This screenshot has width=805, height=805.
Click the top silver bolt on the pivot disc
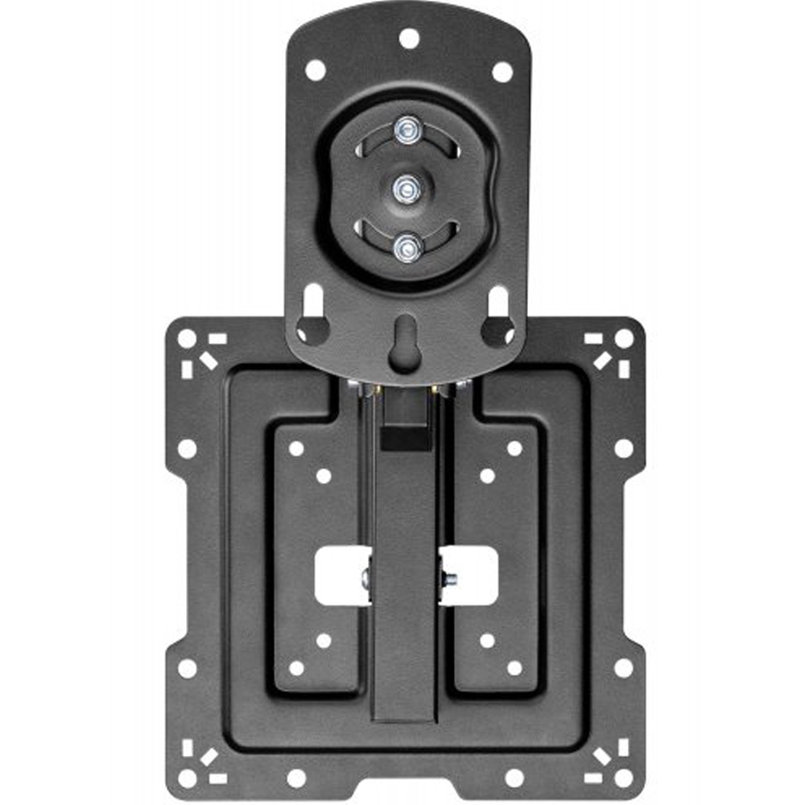click(x=408, y=128)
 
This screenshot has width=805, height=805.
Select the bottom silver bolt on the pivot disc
click(x=407, y=248)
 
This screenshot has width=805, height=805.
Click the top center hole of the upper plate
click(x=408, y=37)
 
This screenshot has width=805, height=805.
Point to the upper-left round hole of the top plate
click(x=316, y=70)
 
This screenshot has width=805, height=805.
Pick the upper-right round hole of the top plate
click(x=502, y=72)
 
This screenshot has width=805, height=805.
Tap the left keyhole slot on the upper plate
click(x=312, y=317)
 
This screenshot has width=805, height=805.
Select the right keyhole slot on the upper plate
click(x=499, y=317)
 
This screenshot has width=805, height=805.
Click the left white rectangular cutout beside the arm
click(x=341, y=576)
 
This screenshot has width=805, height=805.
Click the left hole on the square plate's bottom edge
click(x=296, y=778)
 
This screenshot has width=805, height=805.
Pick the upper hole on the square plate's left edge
click(x=187, y=448)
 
